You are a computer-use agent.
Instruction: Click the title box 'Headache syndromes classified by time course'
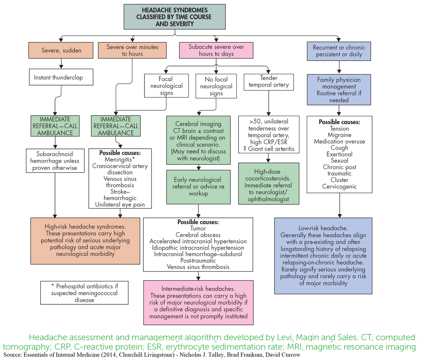tap(174, 17)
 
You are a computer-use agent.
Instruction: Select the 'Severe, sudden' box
tap(61, 50)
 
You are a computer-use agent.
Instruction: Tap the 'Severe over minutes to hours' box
tap(132, 50)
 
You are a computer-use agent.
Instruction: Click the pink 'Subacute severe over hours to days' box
tap(216, 50)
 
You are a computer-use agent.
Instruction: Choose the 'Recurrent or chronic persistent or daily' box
tap(339, 51)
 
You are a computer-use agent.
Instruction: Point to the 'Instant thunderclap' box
tap(58, 77)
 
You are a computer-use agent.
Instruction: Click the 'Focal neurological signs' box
tap(166, 86)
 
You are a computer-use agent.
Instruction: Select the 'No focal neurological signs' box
tap(216, 86)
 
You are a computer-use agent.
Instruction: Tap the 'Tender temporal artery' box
tap(268, 81)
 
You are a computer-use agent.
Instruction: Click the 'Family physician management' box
tap(339, 90)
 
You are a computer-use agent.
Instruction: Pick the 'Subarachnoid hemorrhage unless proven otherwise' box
tap(55, 161)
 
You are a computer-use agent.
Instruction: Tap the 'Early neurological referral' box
tap(198, 187)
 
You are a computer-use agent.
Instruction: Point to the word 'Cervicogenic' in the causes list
tap(339, 187)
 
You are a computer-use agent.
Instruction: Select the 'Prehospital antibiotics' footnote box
tap(84, 293)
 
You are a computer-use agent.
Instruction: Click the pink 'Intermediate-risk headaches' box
tap(198, 303)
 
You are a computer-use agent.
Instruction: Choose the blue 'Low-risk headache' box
tap(323, 255)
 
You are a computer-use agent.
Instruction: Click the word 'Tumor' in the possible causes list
tap(198, 228)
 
